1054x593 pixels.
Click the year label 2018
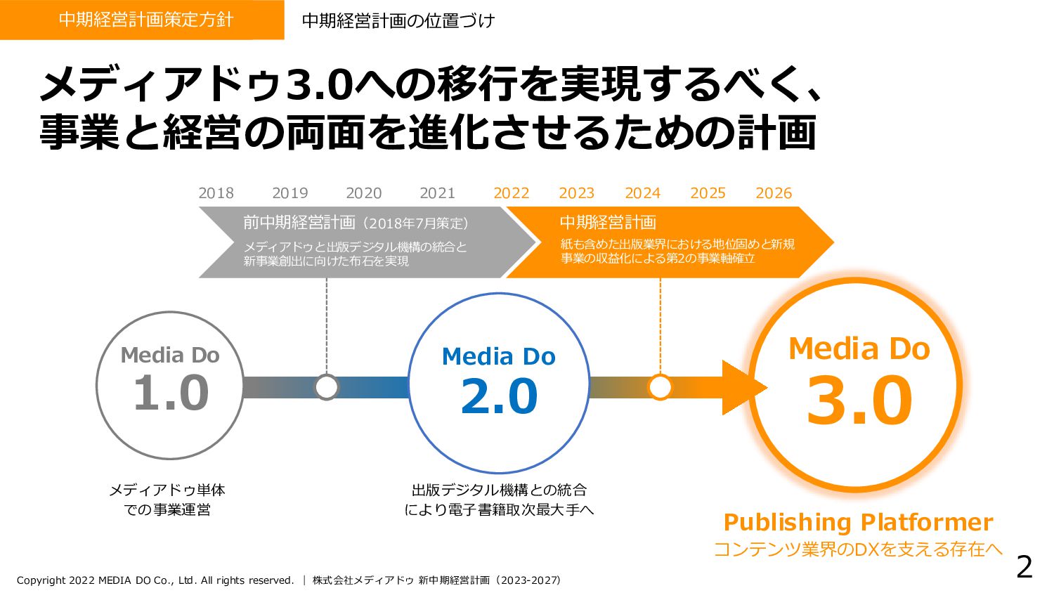[x=216, y=193]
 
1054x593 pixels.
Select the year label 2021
[x=437, y=193]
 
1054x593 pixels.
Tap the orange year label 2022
[x=511, y=193]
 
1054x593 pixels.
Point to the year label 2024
[x=642, y=193]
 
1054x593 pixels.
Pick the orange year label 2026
[x=773, y=193]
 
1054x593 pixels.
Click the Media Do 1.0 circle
[x=170, y=386]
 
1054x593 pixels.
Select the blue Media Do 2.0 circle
[x=499, y=384]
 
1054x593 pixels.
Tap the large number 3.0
[x=859, y=401]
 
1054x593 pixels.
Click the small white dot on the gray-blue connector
[x=327, y=387]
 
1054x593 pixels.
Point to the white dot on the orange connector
[x=660, y=387]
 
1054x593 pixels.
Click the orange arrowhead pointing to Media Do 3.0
[x=743, y=387]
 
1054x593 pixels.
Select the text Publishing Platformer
[x=858, y=522]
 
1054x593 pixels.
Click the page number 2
[x=1024, y=567]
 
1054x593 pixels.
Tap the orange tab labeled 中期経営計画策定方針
[x=142, y=20]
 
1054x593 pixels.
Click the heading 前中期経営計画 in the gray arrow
[x=299, y=223]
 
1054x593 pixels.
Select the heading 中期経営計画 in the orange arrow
[x=608, y=223]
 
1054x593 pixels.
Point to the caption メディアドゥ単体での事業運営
[x=167, y=500]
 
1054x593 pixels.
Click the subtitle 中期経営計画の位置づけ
[x=398, y=20]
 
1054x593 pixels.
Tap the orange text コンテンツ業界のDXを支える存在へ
[x=858, y=549]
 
